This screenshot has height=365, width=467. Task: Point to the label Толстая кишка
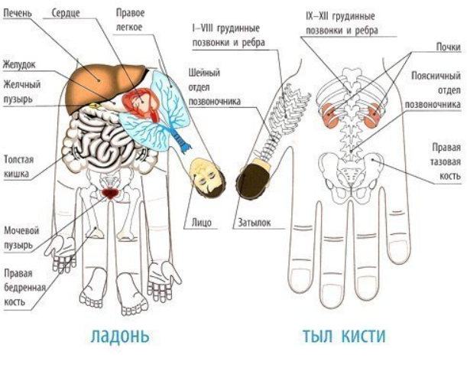[19, 167]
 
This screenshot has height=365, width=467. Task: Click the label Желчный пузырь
[20, 93]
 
